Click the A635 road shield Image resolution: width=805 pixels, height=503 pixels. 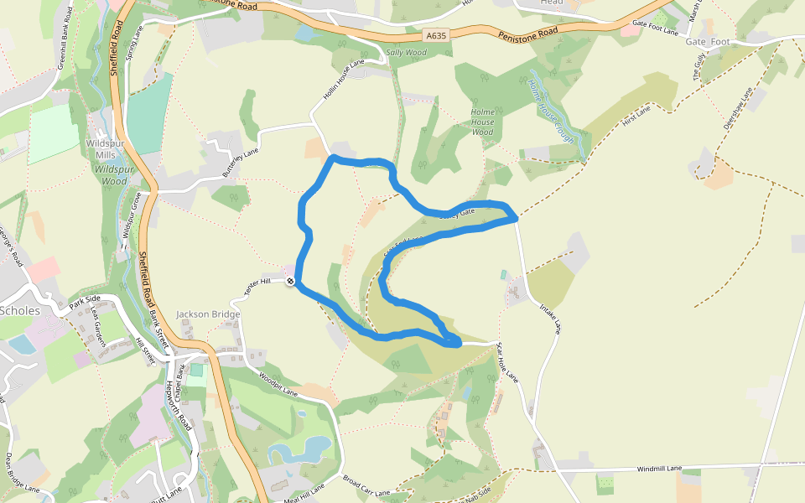point(436,36)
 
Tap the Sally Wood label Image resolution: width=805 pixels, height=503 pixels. point(406,53)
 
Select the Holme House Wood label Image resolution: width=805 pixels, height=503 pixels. point(483,122)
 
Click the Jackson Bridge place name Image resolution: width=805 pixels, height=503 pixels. point(208,314)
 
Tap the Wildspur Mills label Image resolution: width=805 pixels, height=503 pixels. point(105,149)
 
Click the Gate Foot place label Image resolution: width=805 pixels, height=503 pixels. point(709,41)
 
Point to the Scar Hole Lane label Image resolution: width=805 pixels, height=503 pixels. point(508,362)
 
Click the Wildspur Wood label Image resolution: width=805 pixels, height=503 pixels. point(110,174)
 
